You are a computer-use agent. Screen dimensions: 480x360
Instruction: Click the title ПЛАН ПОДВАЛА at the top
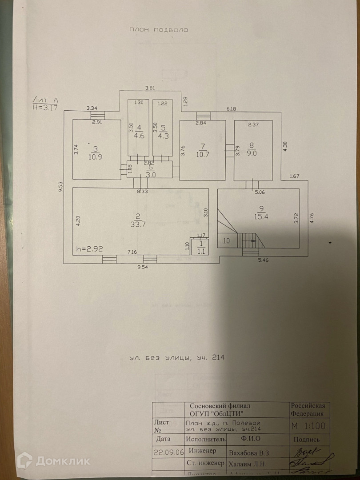(x=159, y=30)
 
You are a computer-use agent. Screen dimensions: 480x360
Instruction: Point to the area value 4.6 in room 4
(x=139, y=136)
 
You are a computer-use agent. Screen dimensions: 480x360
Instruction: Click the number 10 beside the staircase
(x=226, y=241)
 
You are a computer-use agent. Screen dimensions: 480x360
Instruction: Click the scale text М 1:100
(x=309, y=426)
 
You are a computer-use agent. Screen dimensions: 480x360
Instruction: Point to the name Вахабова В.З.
(x=249, y=452)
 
